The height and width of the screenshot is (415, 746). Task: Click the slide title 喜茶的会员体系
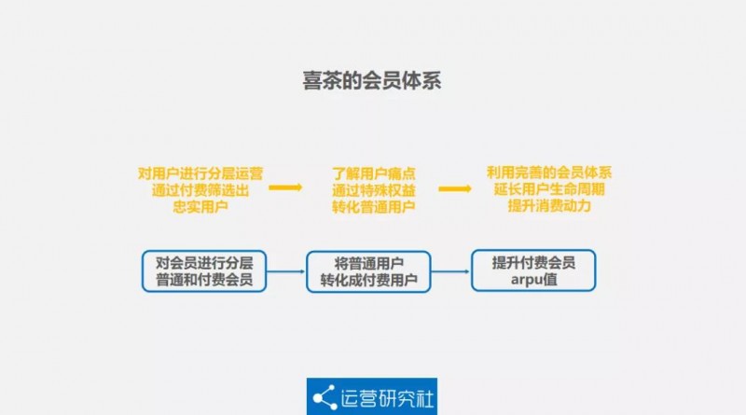(372, 80)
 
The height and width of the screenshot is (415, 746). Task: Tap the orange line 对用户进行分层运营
(200, 173)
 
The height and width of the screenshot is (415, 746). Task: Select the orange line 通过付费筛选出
(200, 190)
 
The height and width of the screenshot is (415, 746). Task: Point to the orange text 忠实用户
(200, 206)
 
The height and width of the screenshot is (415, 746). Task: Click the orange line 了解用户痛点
(374, 173)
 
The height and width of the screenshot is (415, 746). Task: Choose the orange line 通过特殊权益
(374, 190)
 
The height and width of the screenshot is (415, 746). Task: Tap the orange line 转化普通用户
(374, 206)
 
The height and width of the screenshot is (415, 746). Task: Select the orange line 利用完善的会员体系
(549, 173)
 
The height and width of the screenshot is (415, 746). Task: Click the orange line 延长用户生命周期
(549, 189)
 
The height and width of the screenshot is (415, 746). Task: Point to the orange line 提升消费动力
(549, 205)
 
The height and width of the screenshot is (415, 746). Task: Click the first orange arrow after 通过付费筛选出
(285, 187)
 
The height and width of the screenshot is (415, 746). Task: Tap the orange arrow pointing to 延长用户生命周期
(455, 189)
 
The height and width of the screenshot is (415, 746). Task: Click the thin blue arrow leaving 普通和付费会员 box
(286, 271)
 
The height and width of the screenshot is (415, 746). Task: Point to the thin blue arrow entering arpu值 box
(450, 271)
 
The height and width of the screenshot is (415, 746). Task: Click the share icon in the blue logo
(325, 397)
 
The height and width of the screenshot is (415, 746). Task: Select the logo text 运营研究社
(387, 398)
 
